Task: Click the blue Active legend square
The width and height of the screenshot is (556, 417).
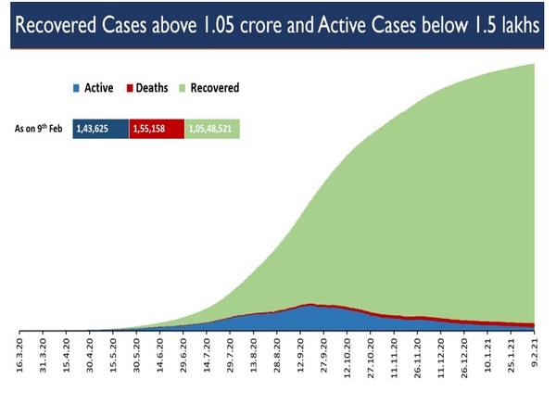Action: pyautogui.click(x=75, y=89)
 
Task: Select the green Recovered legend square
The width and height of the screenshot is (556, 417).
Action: pyautogui.click(x=184, y=89)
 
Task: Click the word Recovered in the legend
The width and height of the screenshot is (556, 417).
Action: pyautogui.click(x=216, y=89)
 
